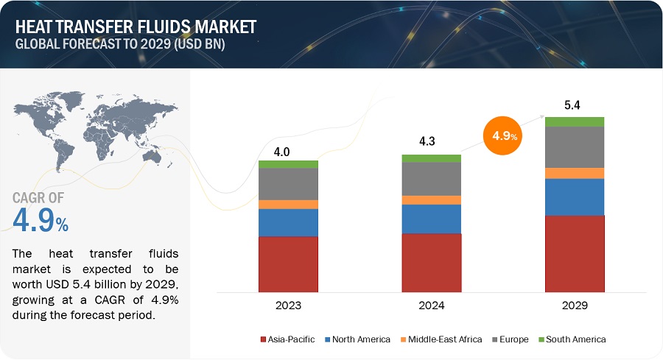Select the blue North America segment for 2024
[431, 219]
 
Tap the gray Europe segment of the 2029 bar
[574, 147]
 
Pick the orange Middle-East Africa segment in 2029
[574, 173]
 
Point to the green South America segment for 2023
[288, 164]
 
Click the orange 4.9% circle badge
[505, 137]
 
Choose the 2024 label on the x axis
[431, 304]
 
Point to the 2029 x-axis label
[574, 304]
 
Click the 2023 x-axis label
[288, 304]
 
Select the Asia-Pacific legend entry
[288, 339]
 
